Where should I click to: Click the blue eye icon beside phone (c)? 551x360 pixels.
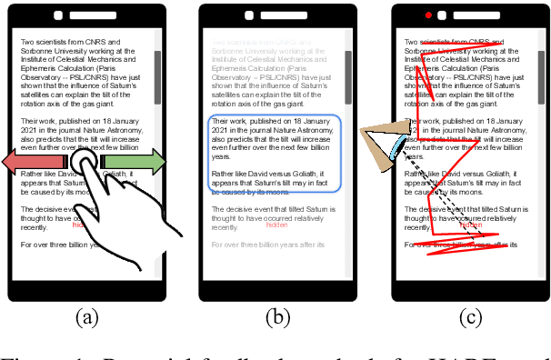point(398,145)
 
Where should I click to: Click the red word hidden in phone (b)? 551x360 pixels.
point(275,225)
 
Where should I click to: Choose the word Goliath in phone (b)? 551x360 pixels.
point(317,173)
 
